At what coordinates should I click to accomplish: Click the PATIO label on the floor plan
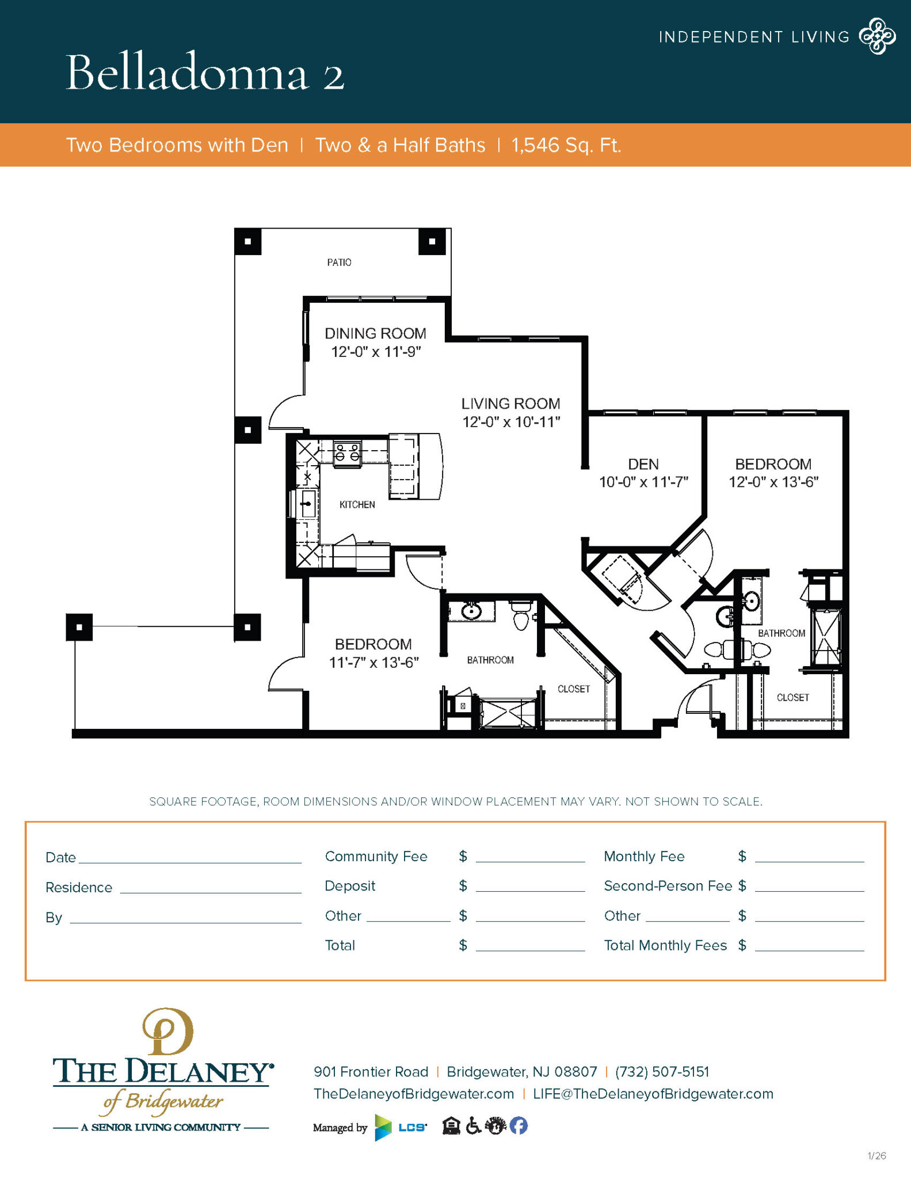pyautogui.click(x=339, y=263)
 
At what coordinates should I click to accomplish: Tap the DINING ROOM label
pyautogui.click(x=375, y=333)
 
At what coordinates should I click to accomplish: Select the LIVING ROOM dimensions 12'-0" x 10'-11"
pyautogui.click(x=511, y=422)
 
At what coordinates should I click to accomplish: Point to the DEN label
pyautogui.click(x=643, y=464)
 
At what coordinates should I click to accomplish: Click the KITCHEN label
pyautogui.click(x=357, y=505)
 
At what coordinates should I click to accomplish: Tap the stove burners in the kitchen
pyautogui.click(x=348, y=452)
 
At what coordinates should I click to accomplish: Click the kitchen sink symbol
pyautogui.click(x=307, y=504)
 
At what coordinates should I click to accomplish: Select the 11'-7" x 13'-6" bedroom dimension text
pyautogui.click(x=373, y=663)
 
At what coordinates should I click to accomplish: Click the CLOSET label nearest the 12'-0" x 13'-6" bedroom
pyautogui.click(x=792, y=698)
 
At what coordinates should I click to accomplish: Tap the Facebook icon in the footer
pyautogui.click(x=519, y=1125)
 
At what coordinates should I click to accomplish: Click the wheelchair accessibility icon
pyautogui.click(x=473, y=1125)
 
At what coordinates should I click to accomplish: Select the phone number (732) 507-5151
pyautogui.click(x=662, y=1072)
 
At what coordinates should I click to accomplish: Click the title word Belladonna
pyautogui.click(x=188, y=73)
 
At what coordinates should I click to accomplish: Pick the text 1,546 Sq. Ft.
pyautogui.click(x=566, y=145)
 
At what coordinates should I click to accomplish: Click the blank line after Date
pyautogui.click(x=190, y=858)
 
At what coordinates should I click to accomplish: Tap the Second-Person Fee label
pyautogui.click(x=668, y=886)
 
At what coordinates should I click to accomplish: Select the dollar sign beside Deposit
pyautogui.click(x=463, y=886)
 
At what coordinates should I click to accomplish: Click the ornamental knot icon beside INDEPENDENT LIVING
pyautogui.click(x=877, y=36)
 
